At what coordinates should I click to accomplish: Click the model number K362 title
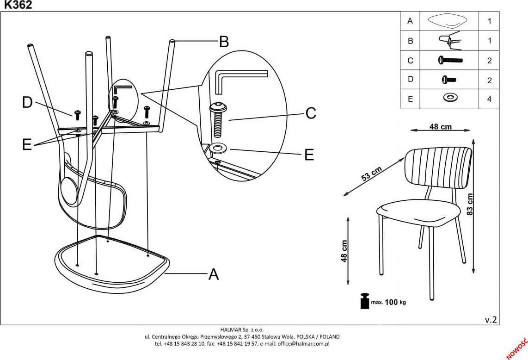point(18,5)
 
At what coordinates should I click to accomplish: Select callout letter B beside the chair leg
point(224,42)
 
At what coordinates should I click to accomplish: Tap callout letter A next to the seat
point(213,274)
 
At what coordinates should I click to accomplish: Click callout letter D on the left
point(27,102)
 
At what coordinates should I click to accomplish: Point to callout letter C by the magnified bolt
point(310,113)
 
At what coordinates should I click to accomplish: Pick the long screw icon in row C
point(449,60)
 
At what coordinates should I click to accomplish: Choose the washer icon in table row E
point(448,99)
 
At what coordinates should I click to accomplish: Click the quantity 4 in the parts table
point(489,99)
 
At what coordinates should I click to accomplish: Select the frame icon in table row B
point(449,40)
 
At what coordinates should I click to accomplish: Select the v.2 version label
point(491,320)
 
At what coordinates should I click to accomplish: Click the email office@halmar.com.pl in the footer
point(303,344)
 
